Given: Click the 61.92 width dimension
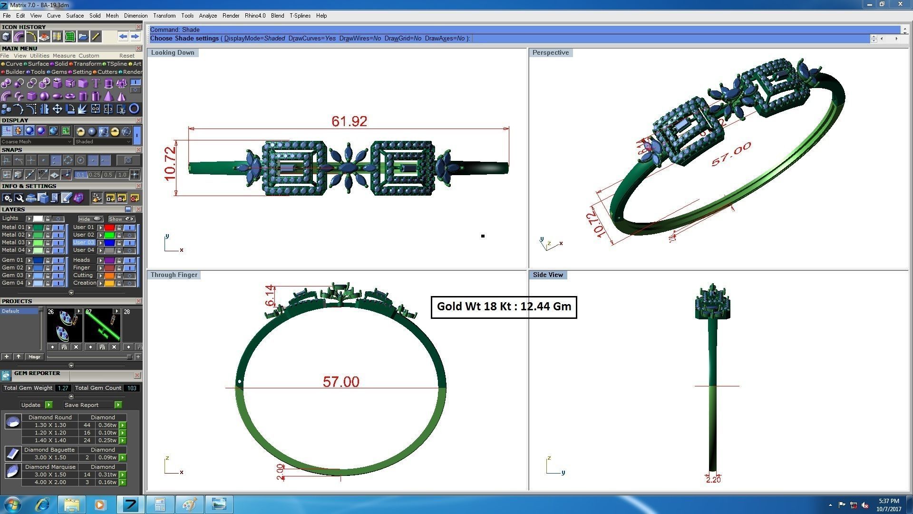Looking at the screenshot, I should coord(349,121).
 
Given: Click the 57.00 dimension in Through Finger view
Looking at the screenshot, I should coord(341,382).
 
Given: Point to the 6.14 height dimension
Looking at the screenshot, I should coord(270,296).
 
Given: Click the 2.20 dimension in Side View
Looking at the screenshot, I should coord(713,480).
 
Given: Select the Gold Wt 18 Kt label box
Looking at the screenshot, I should coord(504,306).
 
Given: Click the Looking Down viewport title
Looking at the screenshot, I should coord(173,52).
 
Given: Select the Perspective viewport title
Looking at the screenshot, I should coord(550,52).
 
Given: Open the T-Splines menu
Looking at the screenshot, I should coord(300,16).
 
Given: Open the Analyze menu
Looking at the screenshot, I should coord(208,16).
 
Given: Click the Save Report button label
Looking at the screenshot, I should coord(81,405).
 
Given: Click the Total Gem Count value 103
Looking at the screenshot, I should coord(132,388).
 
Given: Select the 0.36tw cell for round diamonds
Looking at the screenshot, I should coord(107,425).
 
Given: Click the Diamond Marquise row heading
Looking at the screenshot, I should coord(50,467).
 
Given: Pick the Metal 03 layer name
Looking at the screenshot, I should coord(13,242).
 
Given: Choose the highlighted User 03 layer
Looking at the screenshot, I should coord(84,242).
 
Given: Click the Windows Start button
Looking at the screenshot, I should coord(13,504).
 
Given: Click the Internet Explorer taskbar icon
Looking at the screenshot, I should coord(42,504).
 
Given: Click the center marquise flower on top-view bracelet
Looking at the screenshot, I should coord(349,168).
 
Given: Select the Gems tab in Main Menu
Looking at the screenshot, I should coord(59,72).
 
